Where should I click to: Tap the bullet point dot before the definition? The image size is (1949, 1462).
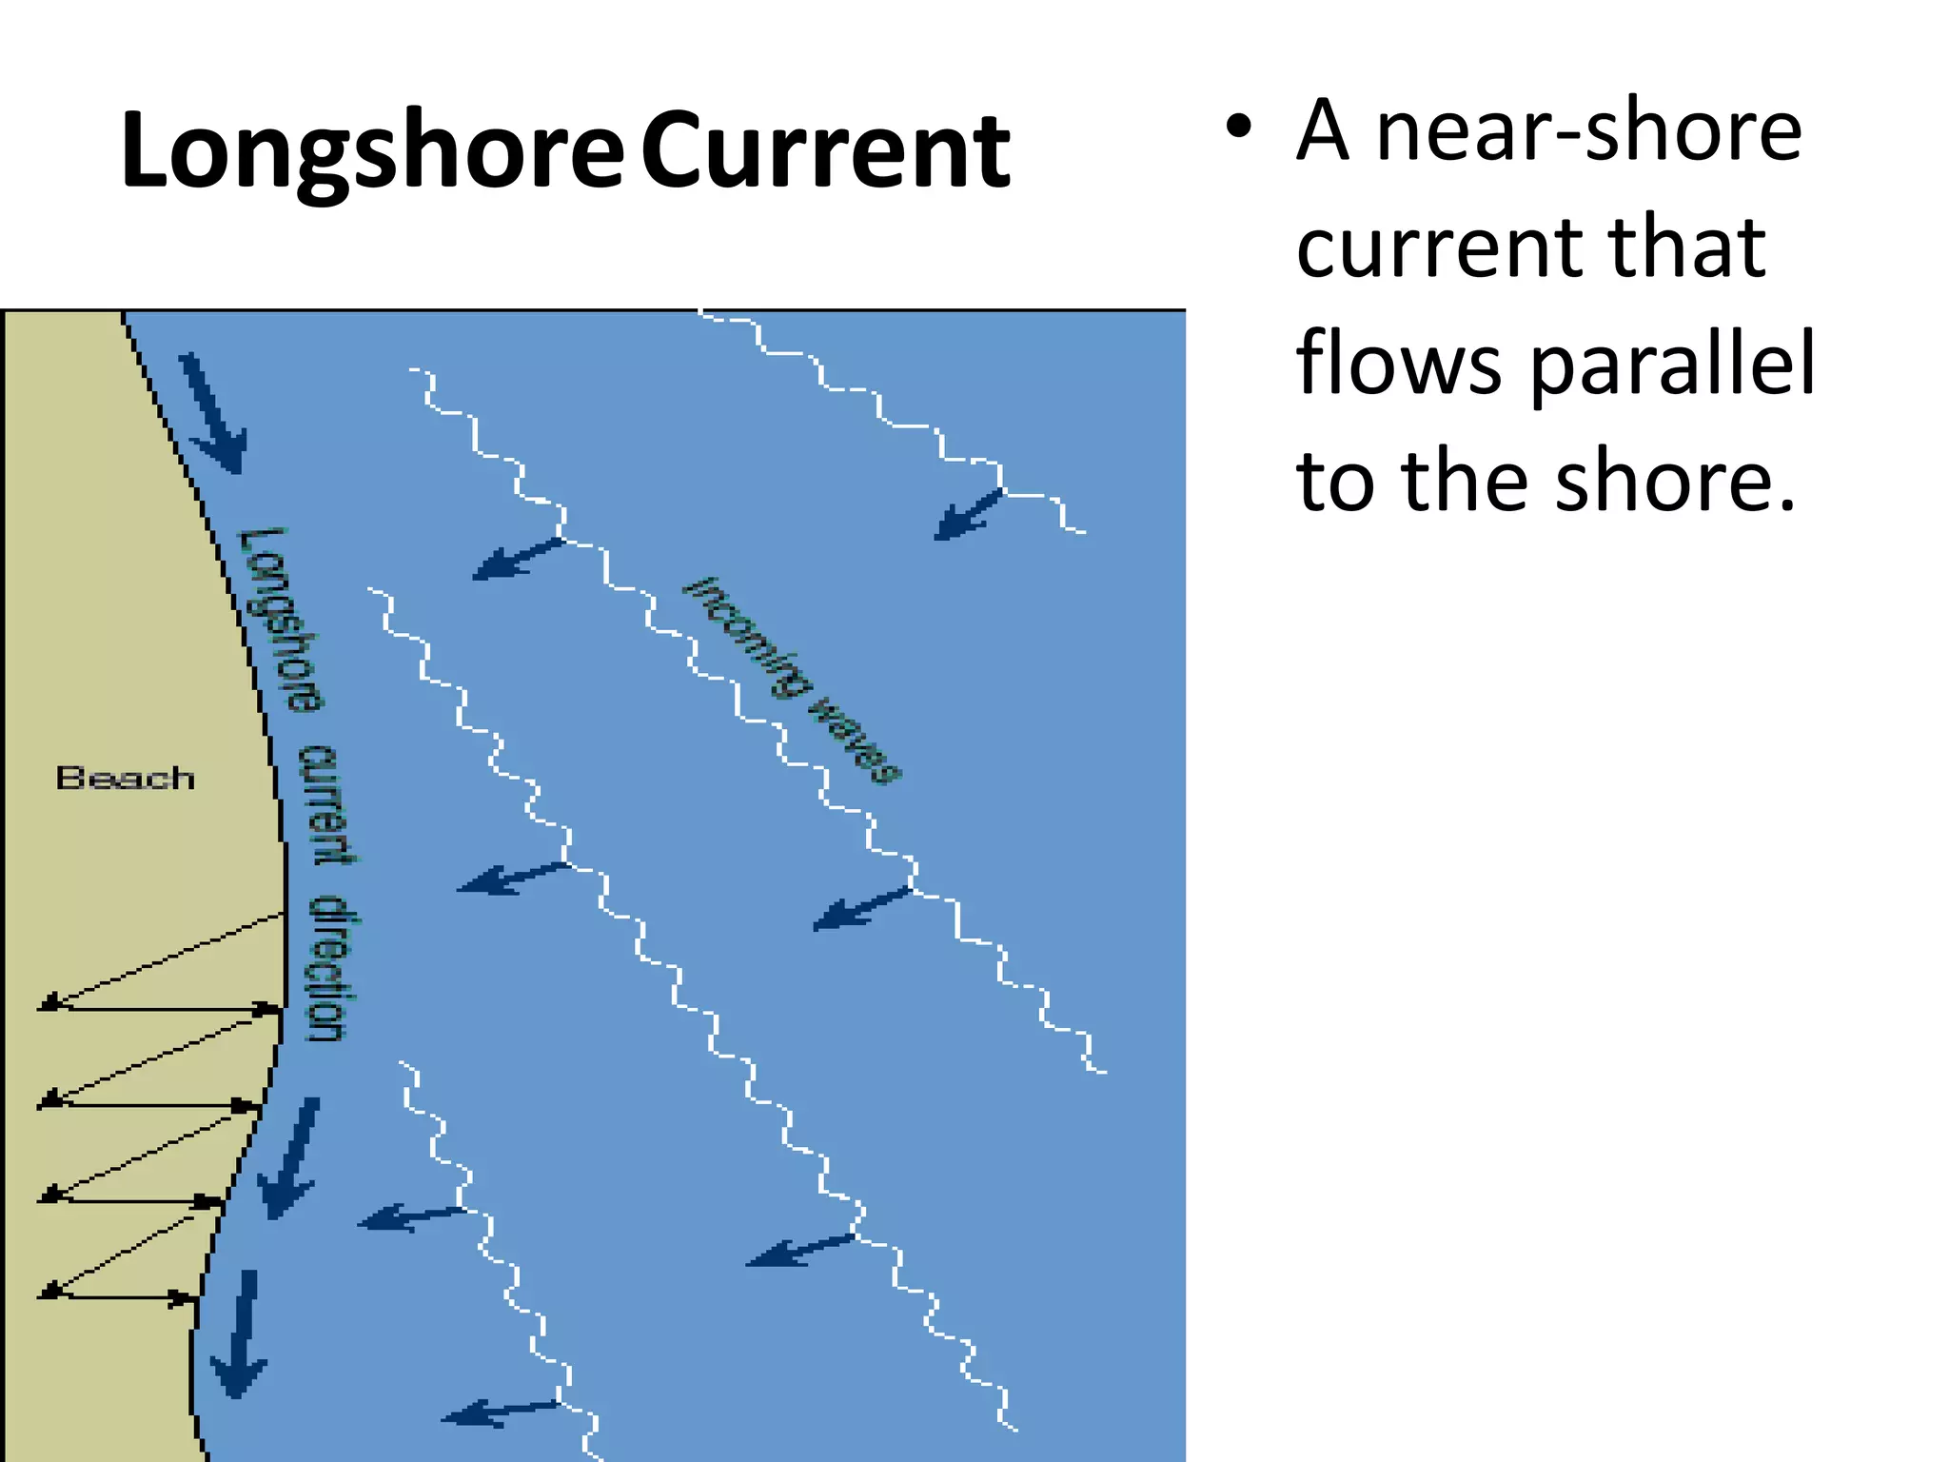(1238, 128)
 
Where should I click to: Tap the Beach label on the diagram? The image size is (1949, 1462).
(125, 778)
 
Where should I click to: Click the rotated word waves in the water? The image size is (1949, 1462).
(854, 741)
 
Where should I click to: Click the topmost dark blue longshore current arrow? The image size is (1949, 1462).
(214, 414)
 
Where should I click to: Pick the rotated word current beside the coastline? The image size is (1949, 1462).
(327, 804)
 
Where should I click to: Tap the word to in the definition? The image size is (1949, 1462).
(1334, 481)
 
